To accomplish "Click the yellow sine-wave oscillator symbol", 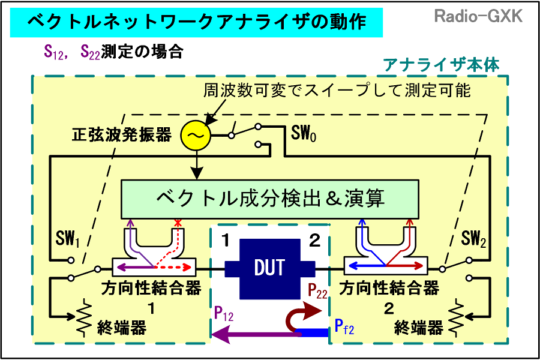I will [x=196, y=136].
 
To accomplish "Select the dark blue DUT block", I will [x=269, y=268].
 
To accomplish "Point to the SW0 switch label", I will [x=304, y=132].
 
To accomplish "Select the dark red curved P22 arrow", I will [x=303, y=315].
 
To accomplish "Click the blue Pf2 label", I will [x=344, y=326].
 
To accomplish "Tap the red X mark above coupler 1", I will [x=177, y=223].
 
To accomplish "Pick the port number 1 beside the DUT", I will [x=225, y=242].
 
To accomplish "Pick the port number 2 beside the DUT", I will [x=314, y=242].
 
